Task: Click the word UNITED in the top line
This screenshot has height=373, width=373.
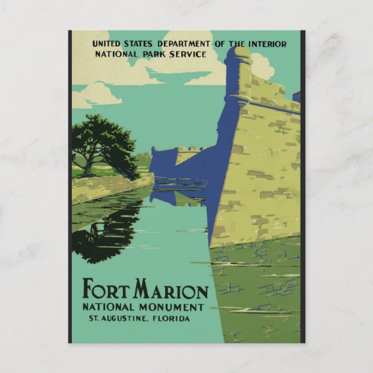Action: tap(107, 43)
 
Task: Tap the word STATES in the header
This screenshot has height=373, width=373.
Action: tap(142, 43)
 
